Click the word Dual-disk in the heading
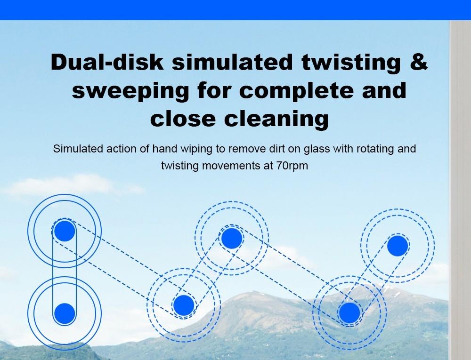click(x=107, y=62)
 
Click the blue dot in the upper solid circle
click(x=65, y=231)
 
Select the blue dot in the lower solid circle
click(x=65, y=313)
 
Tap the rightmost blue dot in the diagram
click(x=398, y=246)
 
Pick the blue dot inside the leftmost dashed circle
click(x=184, y=305)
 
